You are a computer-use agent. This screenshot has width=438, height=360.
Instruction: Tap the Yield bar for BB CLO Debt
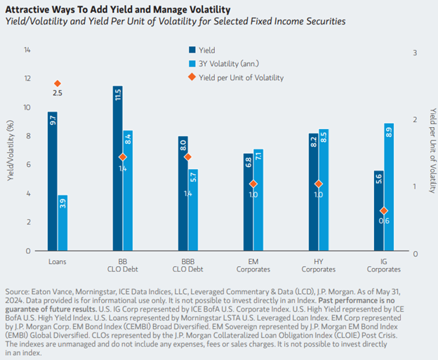click(118, 168)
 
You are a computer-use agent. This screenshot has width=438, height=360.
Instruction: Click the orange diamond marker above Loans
click(58, 84)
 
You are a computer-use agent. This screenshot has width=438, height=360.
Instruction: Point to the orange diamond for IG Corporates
click(383, 211)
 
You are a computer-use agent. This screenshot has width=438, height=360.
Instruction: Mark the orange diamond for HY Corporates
click(319, 184)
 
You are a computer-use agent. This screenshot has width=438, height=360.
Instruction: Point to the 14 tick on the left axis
click(27, 51)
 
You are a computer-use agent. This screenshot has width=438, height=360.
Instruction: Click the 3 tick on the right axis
click(416, 53)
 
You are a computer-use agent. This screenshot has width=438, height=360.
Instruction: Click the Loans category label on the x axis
click(58, 261)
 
